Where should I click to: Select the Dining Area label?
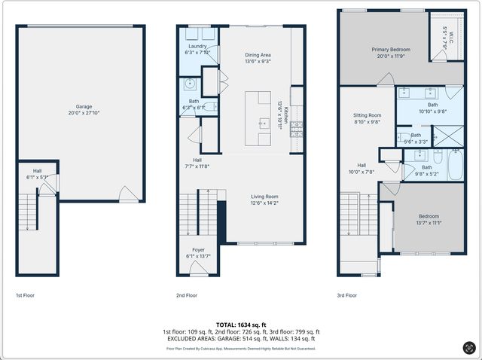click(258, 55)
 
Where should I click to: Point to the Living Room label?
click(264, 197)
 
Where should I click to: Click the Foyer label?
click(198, 250)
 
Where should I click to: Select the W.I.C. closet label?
click(444, 34)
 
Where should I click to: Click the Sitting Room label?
click(367, 115)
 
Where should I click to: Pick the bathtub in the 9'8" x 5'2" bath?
click(456, 165)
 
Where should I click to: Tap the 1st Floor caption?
click(26, 295)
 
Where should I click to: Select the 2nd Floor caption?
click(187, 295)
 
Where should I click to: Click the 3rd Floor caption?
click(348, 295)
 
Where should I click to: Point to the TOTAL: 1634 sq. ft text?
click(241, 323)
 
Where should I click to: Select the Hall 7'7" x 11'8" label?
click(197, 160)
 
